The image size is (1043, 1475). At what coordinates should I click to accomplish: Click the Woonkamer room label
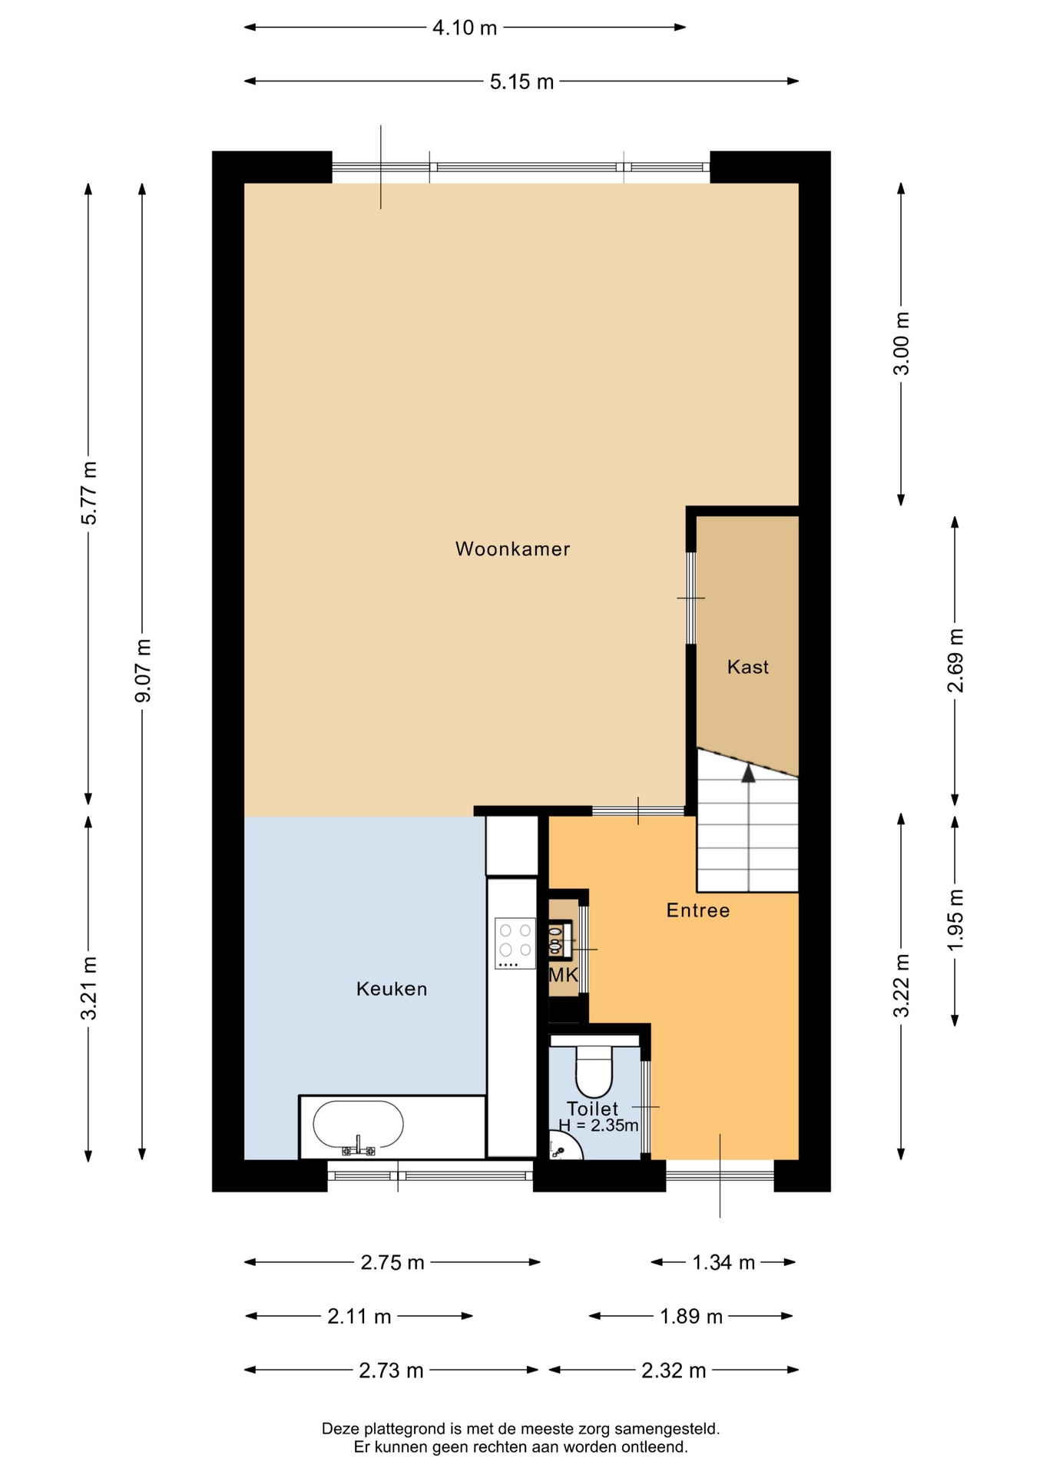(512, 549)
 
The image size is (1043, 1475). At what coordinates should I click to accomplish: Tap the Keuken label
(392, 989)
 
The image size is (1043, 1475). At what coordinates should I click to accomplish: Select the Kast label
(747, 667)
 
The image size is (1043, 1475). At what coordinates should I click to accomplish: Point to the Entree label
(697, 910)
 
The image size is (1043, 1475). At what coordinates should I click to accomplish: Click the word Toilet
(592, 1109)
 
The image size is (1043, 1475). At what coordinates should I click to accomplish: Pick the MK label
(563, 976)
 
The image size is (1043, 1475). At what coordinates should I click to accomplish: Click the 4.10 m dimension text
(465, 28)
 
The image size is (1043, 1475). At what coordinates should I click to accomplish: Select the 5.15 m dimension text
(521, 81)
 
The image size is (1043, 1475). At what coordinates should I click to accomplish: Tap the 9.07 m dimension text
(142, 671)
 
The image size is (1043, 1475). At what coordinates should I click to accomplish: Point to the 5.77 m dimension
(89, 493)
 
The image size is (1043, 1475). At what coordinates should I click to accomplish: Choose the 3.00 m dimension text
(901, 343)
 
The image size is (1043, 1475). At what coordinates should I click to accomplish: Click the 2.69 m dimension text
(955, 661)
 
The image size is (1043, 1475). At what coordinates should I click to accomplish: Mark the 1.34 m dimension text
(723, 1262)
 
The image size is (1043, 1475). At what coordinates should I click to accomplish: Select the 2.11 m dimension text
(359, 1316)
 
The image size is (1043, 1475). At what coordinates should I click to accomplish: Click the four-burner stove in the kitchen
(515, 943)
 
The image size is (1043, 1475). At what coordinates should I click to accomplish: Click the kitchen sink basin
(358, 1126)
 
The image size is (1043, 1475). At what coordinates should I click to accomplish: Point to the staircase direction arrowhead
(748, 773)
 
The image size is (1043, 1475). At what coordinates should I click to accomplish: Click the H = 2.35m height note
(598, 1125)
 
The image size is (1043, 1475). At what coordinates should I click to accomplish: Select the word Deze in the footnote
(340, 1429)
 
